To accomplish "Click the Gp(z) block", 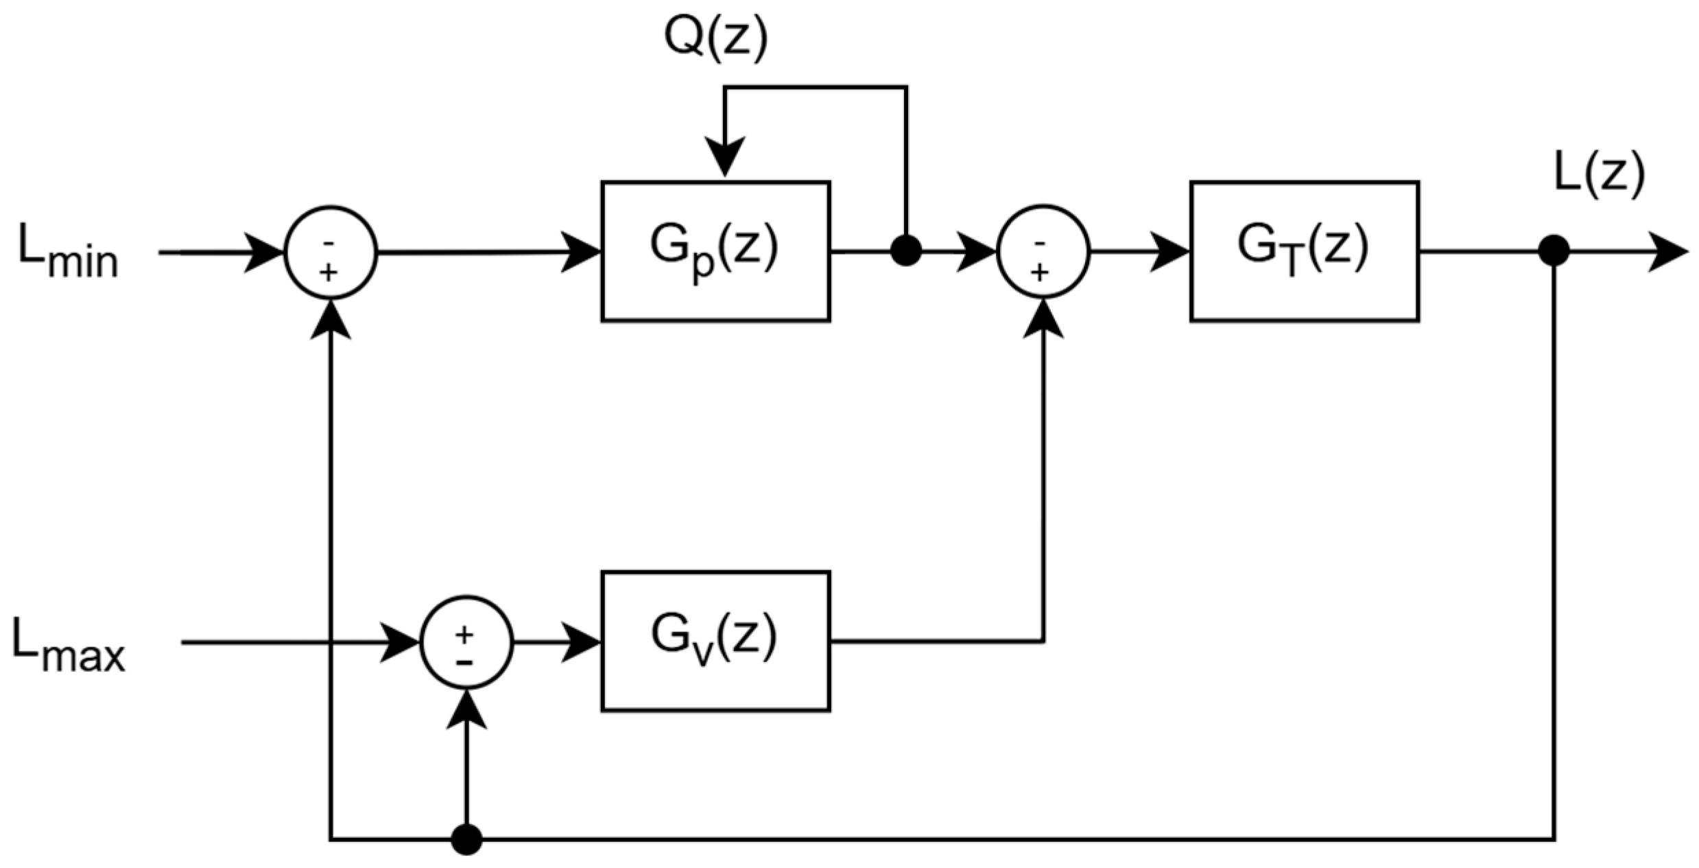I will coord(715,251).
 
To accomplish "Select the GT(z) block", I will coord(1304,251).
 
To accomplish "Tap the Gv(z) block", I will coord(715,642).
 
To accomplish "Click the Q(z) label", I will coord(715,39).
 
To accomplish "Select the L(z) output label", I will coord(1598,175).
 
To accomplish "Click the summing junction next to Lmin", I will coord(331,252).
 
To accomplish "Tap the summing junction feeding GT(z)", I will coord(1043,251).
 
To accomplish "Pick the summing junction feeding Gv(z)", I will coord(466,642).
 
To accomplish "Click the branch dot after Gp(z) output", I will coord(905,251).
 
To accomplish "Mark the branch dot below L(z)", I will coord(1554,251).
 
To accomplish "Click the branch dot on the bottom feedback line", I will coord(466,839).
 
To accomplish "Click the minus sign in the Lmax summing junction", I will coord(464,663).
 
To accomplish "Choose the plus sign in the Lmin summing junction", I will coord(329,273).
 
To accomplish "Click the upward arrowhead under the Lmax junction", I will coord(466,710).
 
